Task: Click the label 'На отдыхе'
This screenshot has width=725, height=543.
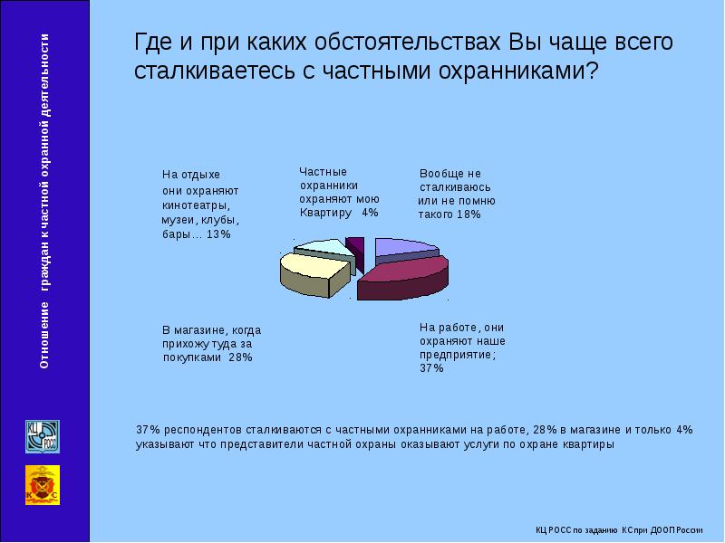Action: [191, 174]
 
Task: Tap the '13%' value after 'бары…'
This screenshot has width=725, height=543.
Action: [218, 234]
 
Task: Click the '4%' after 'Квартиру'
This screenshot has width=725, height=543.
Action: [369, 213]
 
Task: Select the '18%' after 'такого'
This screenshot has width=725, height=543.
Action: [468, 215]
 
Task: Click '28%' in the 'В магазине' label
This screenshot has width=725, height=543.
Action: [240, 357]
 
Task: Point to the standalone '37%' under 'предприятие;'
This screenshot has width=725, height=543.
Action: [431, 369]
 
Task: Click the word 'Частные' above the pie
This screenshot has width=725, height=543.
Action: [323, 171]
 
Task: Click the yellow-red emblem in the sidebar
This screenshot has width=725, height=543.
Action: [41, 485]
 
